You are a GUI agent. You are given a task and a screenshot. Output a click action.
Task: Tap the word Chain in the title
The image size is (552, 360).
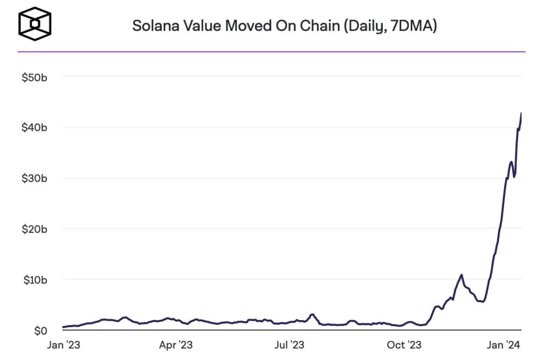point(319,26)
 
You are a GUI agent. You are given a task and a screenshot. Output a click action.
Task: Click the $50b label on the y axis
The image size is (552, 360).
point(34,78)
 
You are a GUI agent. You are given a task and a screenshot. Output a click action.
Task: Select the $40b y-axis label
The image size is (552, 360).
point(34,128)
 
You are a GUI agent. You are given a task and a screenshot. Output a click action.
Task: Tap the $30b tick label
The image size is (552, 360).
point(34,178)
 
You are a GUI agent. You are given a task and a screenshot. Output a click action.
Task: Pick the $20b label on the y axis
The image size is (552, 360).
point(34,229)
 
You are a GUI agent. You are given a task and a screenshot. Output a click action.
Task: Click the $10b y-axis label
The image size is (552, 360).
point(34,280)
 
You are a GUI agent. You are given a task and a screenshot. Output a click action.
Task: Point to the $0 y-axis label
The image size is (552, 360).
point(40,330)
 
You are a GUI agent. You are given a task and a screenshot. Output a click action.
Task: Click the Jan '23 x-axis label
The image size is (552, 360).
point(63,344)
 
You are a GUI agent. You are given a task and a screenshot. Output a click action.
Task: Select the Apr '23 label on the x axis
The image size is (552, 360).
point(176,344)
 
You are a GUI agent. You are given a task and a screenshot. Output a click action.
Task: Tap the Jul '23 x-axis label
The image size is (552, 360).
point(291,344)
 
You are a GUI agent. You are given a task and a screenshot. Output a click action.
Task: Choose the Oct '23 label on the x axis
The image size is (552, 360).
point(404,344)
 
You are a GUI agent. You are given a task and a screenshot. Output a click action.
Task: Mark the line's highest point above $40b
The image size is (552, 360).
point(521,113)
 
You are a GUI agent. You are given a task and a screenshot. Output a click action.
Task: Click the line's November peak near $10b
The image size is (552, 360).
point(461,275)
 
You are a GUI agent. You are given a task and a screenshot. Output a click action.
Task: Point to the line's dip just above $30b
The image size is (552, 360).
point(514,176)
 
